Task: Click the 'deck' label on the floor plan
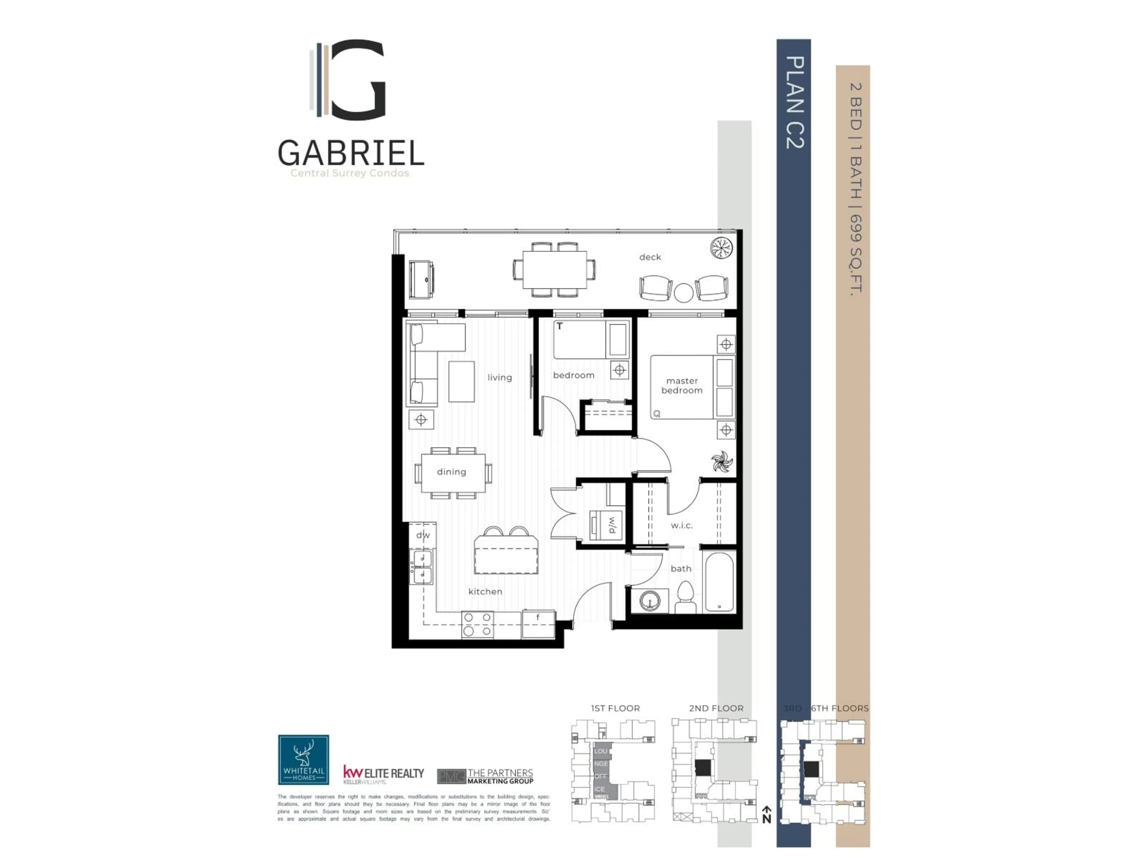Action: pyautogui.click(x=650, y=257)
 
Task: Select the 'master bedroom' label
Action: pyautogui.click(x=682, y=386)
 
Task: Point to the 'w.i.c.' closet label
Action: pyautogui.click(x=681, y=526)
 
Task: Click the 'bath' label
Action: pyautogui.click(x=681, y=569)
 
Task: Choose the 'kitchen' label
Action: pyautogui.click(x=485, y=592)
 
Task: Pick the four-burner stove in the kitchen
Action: pyautogui.click(x=477, y=625)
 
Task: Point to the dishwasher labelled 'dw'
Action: pyautogui.click(x=423, y=535)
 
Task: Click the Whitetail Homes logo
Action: pyautogui.click(x=304, y=759)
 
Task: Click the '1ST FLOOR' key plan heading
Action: pyautogui.click(x=615, y=708)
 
